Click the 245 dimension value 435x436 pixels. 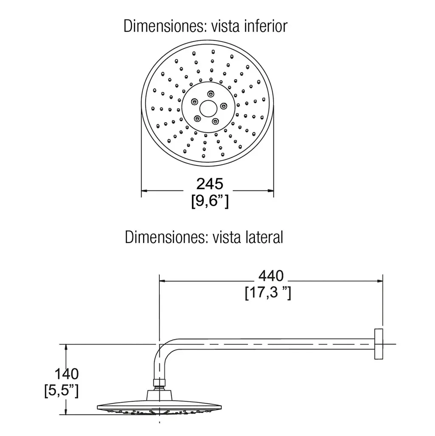click(x=210, y=184)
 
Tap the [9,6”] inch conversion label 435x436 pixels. click(x=210, y=201)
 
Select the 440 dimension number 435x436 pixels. click(x=271, y=276)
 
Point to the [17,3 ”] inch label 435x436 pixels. click(x=268, y=293)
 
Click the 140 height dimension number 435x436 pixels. click(x=67, y=374)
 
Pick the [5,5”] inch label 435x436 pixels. click(x=62, y=391)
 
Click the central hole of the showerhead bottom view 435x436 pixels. click(x=208, y=109)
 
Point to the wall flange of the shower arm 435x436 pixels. click(x=379, y=344)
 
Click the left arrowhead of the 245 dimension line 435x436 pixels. click(x=144, y=191)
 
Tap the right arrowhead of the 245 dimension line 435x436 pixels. click(x=271, y=191)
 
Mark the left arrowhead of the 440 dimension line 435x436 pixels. click(x=162, y=281)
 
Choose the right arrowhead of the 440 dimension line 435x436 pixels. click(x=380, y=281)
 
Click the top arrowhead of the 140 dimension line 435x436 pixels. click(x=66, y=347)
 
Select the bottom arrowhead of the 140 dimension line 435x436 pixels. click(x=66, y=411)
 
